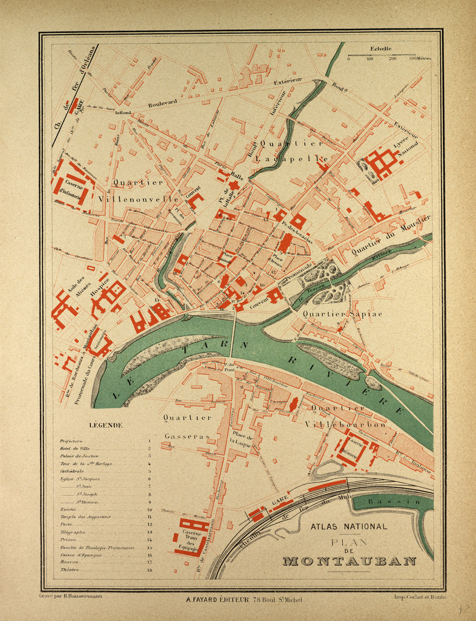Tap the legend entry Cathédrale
point(72,471)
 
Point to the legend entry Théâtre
point(70,571)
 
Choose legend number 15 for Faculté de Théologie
point(150,548)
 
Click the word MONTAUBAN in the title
point(349,561)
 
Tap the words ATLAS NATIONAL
point(348,526)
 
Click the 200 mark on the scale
point(392,59)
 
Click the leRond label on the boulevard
point(124,112)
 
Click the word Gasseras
point(187,436)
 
